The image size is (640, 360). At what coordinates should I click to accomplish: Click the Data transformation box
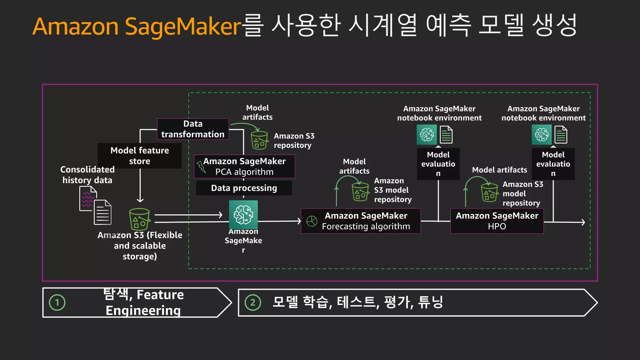click(x=193, y=129)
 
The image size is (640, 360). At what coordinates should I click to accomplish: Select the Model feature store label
click(x=140, y=156)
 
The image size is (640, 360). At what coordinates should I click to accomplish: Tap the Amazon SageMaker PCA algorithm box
click(x=244, y=167)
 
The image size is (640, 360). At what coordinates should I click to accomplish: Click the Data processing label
click(x=244, y=188)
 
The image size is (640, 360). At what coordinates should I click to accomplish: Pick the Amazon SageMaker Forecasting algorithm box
click(x=361, y=221)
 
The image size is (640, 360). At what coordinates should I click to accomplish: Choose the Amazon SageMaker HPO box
click(x=497, y=221)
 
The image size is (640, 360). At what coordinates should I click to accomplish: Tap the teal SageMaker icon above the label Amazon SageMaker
click(x=243, y=215)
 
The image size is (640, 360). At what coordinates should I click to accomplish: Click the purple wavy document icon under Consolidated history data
click(x=88, y=199)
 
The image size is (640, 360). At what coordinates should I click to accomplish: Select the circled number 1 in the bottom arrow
click(x=57, y=302)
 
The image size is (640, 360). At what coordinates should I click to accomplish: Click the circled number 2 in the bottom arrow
click(x=253, y=302)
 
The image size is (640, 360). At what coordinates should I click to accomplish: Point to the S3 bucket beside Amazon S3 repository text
click(x=259, y=140)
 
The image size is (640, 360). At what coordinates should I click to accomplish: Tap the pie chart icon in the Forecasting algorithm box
click(x=312, y=221)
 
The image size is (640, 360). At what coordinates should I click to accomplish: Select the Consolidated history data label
click(x=87, y=175)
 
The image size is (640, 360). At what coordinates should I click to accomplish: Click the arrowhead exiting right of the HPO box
click(x=583, y=222)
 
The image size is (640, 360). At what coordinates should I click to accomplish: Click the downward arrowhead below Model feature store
click(x=140, y=200)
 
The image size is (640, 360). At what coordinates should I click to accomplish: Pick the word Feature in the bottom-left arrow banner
click(x=160, y=295)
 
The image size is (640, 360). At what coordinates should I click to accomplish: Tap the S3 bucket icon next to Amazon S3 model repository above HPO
click(x=489, y=192)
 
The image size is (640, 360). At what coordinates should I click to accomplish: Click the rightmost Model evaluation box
click(x=553, y=164)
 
